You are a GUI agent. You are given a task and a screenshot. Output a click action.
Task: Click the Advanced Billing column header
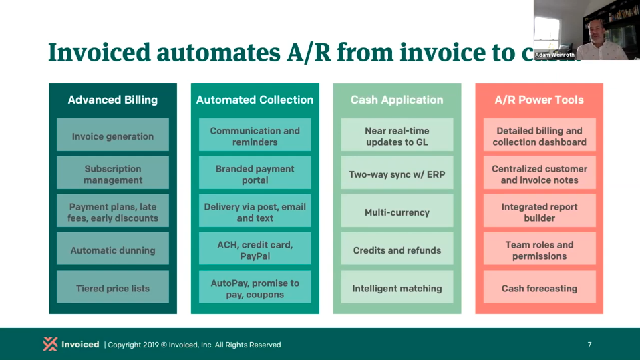(113, 100)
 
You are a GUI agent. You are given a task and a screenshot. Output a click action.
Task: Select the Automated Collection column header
(255, 100)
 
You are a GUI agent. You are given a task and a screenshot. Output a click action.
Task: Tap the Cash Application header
(397, 100)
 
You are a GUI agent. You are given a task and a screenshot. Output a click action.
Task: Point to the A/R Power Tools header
(539, 100)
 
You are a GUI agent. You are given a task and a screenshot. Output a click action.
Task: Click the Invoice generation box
(113, 136)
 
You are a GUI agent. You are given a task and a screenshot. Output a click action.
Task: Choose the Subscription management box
(113, 174)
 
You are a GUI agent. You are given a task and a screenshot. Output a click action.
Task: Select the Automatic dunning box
(113, 250)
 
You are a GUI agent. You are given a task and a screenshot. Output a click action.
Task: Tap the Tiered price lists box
(113, 289)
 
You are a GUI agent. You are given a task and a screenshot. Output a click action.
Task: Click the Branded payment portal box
(255, 174)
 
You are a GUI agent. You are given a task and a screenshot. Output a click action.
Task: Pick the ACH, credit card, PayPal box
(255, 250)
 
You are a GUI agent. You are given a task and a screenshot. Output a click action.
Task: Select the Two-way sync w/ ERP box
(397, 174)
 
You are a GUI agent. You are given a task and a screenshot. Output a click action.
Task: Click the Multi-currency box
(397, 212)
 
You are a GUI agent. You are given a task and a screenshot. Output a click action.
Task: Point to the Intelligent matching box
(397, 289)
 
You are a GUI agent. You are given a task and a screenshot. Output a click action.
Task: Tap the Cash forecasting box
(539, 289)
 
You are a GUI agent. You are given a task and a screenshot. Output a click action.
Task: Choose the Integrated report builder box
(539, 212)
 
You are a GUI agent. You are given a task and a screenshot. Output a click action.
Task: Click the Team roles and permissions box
(539, 250)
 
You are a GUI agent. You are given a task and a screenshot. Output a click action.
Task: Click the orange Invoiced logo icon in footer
(50, 344)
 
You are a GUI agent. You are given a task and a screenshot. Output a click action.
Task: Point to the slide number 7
(589, 345)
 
